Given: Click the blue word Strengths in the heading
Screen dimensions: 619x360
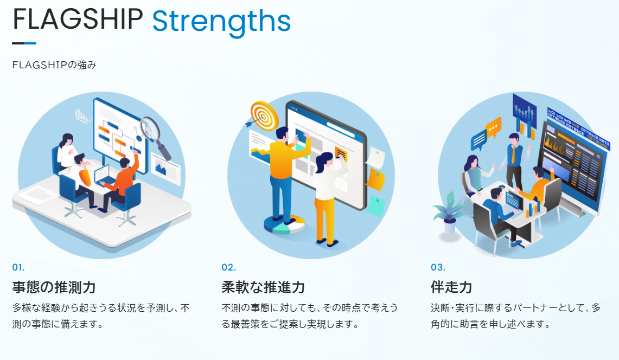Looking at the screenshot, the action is (221, 22).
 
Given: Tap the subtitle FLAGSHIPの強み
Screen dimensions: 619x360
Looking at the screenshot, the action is (54, 65).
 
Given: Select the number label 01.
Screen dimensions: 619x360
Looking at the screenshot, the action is (18, 267).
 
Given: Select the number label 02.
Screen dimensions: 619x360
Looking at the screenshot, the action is (228, 267).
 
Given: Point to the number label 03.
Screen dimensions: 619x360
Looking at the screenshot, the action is (438, 267).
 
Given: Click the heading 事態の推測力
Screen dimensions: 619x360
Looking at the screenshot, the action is (54, 287).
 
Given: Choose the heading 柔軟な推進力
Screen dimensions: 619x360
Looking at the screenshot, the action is (263, 287).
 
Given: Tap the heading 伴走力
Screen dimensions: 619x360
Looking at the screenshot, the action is (451, 287).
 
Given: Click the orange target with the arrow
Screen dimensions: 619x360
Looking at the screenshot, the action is (263, 115).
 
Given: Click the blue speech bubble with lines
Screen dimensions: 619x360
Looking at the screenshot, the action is (479, 140).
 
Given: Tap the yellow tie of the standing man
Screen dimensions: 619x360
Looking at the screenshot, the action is (513, 155).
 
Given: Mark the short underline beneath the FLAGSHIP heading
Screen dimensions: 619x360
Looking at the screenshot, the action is (24, 43).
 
